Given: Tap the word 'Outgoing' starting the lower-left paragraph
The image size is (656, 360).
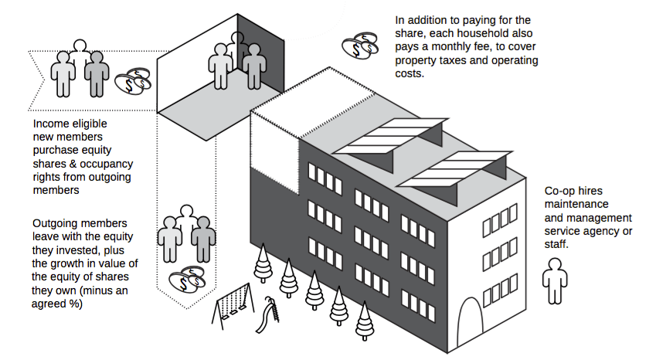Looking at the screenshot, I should click(58, 224).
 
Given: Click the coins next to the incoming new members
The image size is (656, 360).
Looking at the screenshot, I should click(133, 80).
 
